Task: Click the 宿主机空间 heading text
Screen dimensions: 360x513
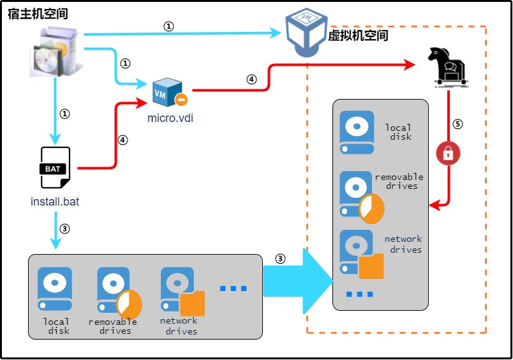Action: [x=38, y=13]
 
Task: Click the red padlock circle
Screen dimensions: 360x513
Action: [x=448, y=153]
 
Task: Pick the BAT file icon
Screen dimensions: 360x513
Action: [x=56, y=168]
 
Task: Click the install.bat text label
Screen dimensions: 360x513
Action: [x=55, y=202]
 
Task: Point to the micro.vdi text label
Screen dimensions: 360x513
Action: [x=170, y=117]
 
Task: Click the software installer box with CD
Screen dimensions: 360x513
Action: [x=56, y=52]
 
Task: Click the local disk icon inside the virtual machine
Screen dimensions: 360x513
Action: [x=357, y=133]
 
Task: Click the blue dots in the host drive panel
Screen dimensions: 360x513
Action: [x=233, y=289]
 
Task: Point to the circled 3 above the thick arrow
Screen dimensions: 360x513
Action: [x=280, y=259]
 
